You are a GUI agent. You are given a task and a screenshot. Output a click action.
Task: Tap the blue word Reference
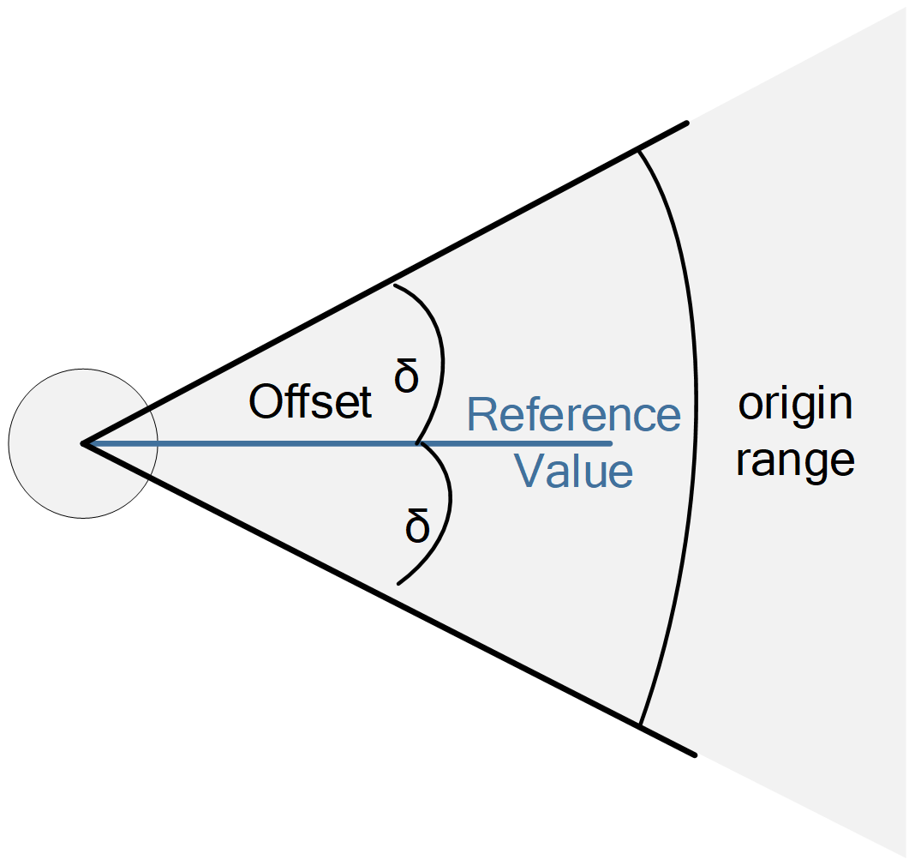click(573, 415)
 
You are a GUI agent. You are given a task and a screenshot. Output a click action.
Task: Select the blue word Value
click(573, 471)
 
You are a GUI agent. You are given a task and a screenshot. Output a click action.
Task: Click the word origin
click(795, 405)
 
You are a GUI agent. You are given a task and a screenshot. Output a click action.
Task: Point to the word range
click(795, 461)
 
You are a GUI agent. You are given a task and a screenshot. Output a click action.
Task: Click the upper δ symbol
click(406, 376)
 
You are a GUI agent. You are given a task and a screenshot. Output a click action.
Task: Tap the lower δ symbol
click(417, 526)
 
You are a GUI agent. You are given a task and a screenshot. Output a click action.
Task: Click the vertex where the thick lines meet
click(83, 444)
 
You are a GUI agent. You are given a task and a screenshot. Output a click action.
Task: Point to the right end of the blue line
click(612, 444)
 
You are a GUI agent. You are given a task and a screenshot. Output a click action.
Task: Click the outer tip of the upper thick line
click(688, 123)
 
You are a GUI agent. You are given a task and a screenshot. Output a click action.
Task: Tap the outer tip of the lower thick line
click(695, 755)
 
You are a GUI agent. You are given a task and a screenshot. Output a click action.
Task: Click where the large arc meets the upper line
click(638, 150)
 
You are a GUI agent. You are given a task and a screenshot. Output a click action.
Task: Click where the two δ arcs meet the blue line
click(418, 444)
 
